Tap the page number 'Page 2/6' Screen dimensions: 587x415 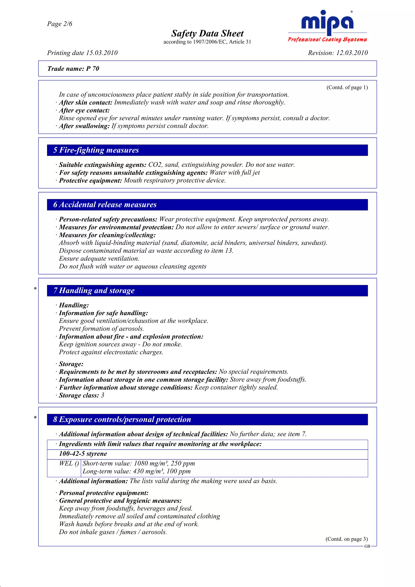pyautogui.click(x=60, y=24)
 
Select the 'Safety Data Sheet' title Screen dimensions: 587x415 pyautogui.click(x=207, y=33)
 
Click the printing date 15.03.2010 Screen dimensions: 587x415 pyautogui.click(x=102, y=53)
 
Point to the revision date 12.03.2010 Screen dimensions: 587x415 pyautogui.click(x=352, y=53)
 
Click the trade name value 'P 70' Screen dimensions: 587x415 pyautogui.click(x=92, y=68)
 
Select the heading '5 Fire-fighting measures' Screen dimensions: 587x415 pyautogui.click(x=96, y=150)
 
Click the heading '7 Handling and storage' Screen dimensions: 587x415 pyautogui.click(x=94, y=290)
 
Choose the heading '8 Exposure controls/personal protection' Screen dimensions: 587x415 pyautogui.click(x=122, y=419)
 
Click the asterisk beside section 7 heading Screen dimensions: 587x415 pyautogui.click(x=35, y=289)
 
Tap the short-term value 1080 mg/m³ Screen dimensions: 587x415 pyautogui.click(x=150, y=463)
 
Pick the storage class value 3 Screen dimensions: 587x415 pyautogui.click(x=103, y=395)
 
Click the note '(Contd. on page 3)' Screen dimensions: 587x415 pyautogui.click(x=346, y=539)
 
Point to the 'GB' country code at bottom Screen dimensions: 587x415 pyautogui.click(x=367, y=546)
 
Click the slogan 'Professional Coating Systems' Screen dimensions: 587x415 pyautogui.click(x=327, y=39)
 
